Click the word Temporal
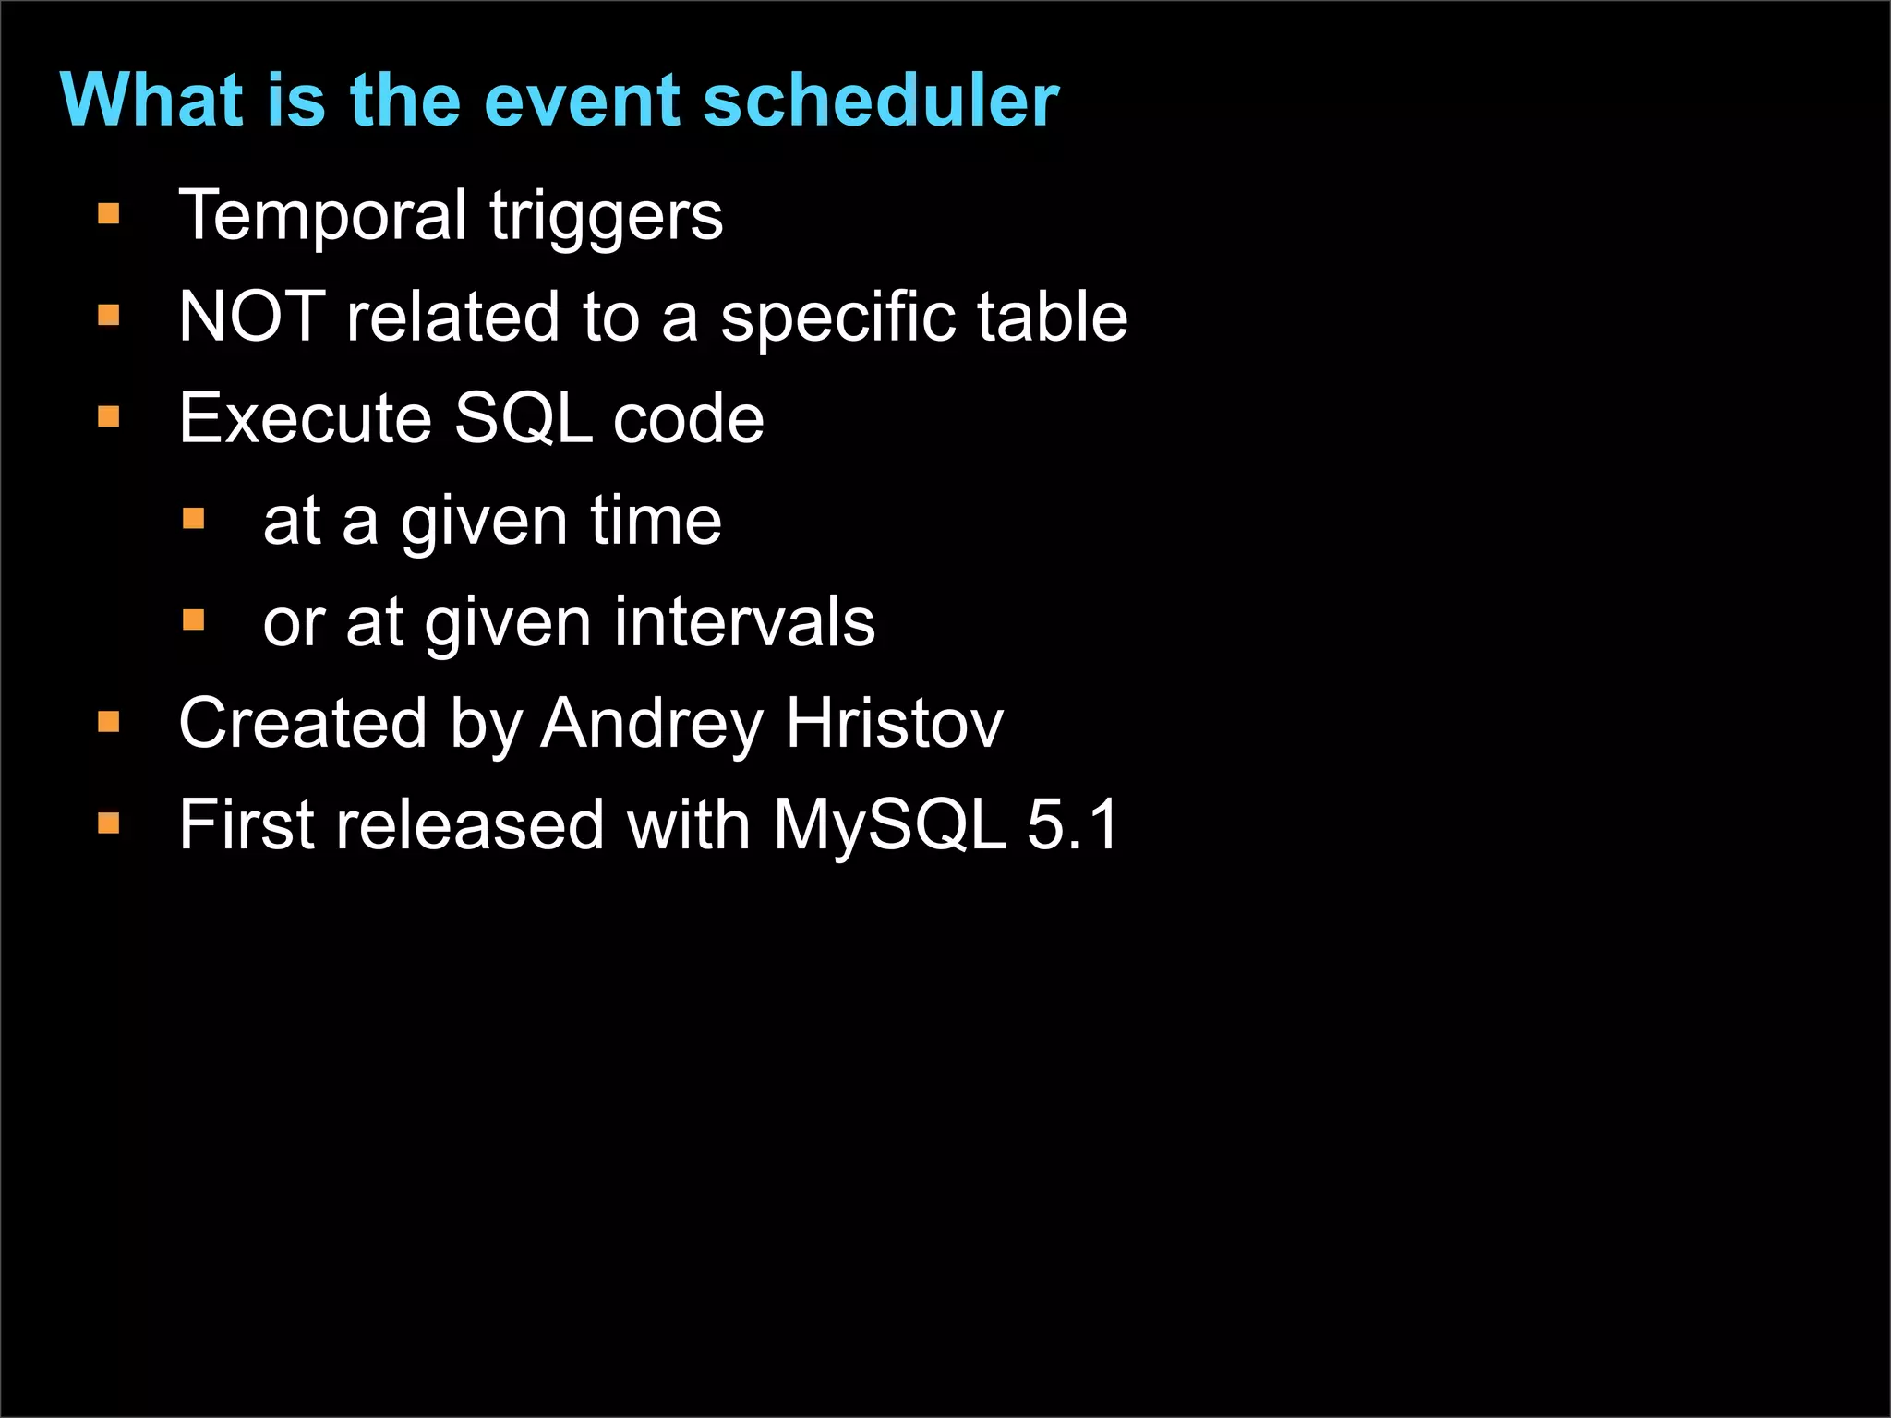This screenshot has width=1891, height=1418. click(323, 216)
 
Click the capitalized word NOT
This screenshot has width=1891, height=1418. click(252, 317)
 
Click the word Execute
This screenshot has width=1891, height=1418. click(306, 418)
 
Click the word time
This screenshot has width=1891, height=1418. click(656, 521)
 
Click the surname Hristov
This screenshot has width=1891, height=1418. click(894, 723)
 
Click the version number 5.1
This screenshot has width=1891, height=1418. click(1072, 824)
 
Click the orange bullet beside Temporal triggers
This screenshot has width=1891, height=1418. click(109, 215)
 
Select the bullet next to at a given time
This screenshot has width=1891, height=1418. click(193, 519)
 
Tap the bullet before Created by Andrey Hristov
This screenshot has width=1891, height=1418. click(109, 721)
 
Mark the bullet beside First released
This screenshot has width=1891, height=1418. click(109, 823)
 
